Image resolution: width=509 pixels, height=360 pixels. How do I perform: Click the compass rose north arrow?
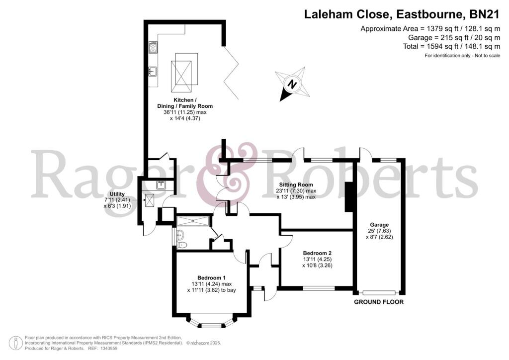(293, 85)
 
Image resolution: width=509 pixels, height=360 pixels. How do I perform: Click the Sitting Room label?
(296, 184)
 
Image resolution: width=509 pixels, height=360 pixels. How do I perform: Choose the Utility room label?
(117, 194)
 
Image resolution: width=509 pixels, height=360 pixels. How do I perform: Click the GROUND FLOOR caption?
(378, 302)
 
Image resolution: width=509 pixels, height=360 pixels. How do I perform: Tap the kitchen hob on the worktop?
(153, 48)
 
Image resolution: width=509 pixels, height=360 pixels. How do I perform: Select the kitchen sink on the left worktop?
(153, 71)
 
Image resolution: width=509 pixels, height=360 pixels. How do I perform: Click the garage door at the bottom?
(379, 293)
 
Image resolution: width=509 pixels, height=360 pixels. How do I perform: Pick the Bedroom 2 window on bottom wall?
(318, 288)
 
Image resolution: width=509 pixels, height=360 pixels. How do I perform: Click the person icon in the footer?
(16, 343)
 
